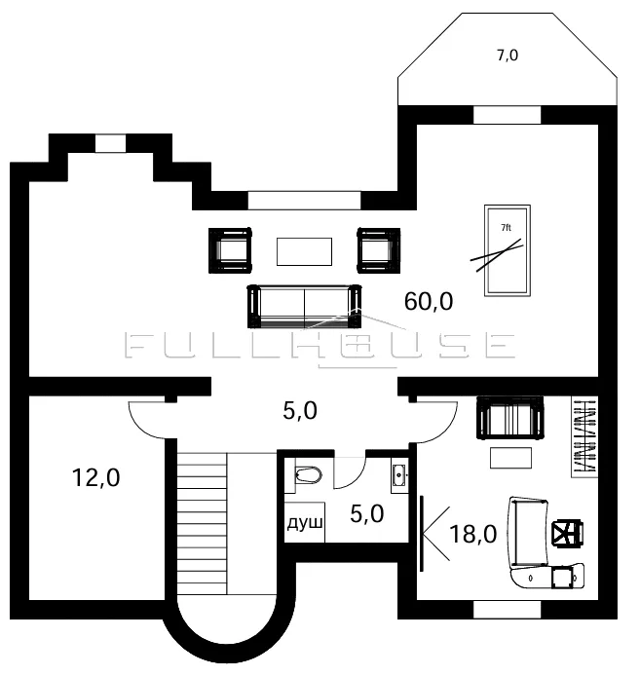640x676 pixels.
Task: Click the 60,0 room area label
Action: (x=429, y=301)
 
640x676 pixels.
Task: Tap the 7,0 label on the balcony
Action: (x=508, y=56)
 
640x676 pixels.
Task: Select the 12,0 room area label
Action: (x=95, y=477)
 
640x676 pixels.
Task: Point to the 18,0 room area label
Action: (x=473, y=534)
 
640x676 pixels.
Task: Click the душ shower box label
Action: (x=305, y=523)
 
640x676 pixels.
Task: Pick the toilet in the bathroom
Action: (x=309, y=475)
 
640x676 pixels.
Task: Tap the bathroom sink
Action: (x=399, y=475)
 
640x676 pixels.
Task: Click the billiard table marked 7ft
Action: (x=508, y=250)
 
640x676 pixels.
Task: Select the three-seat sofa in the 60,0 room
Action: (x=305, y=306)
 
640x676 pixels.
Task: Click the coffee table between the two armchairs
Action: (x=305, y=251)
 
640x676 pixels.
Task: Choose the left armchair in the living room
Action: (x=230, y=250)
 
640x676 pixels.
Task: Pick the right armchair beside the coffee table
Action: (x=379, y=250)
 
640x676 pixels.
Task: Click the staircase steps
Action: (x=202, y=523)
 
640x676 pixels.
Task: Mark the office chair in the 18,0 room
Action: (x=568, y=534)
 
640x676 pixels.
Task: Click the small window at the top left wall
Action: (x=110, y=143)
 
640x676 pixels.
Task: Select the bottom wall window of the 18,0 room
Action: (x=508, y=609)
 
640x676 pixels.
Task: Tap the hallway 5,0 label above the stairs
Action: (x=300, y=410)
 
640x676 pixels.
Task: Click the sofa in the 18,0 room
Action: (x=510, y=418)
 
